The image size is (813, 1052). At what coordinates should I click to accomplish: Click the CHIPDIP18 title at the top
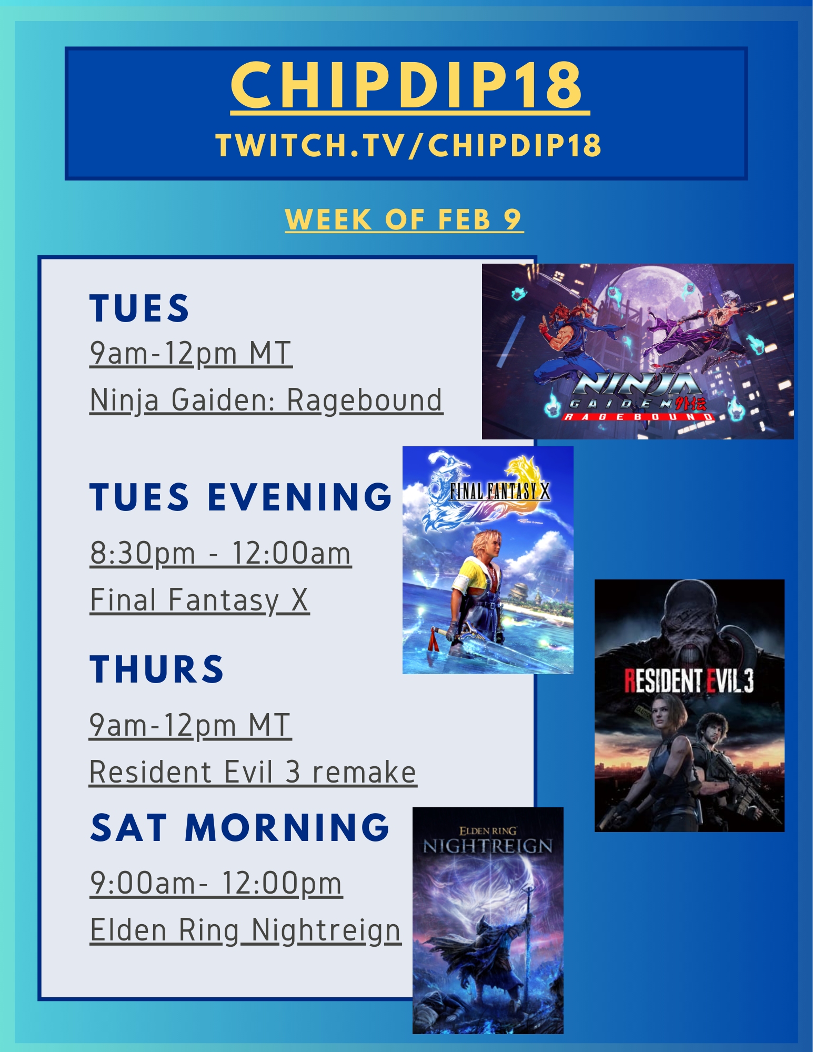coord(406,85)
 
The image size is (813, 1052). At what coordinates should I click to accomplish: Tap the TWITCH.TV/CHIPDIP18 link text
coord(408,145)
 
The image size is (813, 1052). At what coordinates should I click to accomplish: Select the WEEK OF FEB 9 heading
coord(404,219)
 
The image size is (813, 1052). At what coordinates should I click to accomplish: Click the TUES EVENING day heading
coord(240,497)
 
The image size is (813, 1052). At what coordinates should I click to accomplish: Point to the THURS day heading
coord(157,669)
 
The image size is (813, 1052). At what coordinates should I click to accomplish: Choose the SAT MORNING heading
coord(240,827)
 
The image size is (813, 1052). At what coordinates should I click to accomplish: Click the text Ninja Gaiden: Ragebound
coord(266,400)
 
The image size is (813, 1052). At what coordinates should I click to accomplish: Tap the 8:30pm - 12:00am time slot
coord(220,554)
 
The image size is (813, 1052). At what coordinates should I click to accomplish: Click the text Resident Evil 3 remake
coord(253,772)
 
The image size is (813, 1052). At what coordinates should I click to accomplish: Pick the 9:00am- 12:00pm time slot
coord(216,883)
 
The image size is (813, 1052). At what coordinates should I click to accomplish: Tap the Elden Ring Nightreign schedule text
coord(246,930)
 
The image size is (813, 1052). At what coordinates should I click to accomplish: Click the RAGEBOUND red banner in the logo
coord(638,417)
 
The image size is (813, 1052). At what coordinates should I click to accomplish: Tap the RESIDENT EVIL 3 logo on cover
coord(689,681)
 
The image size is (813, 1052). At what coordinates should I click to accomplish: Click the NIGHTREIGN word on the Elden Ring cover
coord(488,846)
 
